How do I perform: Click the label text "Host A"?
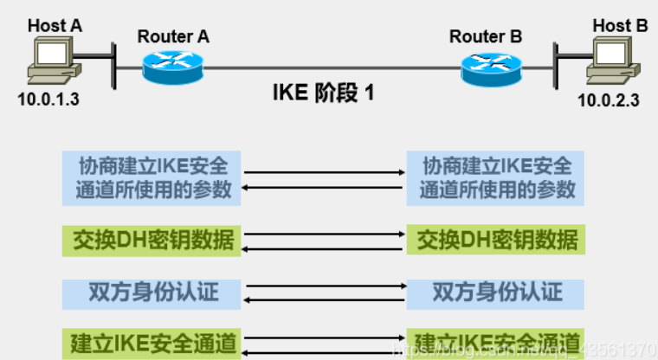pos(55,26)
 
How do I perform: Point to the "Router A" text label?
pos(173,36)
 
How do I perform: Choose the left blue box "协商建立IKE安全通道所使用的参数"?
pos(152,177)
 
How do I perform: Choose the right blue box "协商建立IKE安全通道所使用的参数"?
pos(496,177)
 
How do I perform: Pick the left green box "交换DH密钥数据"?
pos(152,239)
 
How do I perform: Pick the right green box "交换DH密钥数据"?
pos(496,239)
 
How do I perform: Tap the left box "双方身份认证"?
pos(152,292)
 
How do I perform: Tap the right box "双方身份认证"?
pos(496,292)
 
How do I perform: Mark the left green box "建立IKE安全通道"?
pos(152,344)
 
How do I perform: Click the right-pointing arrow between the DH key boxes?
pos(325,233)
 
